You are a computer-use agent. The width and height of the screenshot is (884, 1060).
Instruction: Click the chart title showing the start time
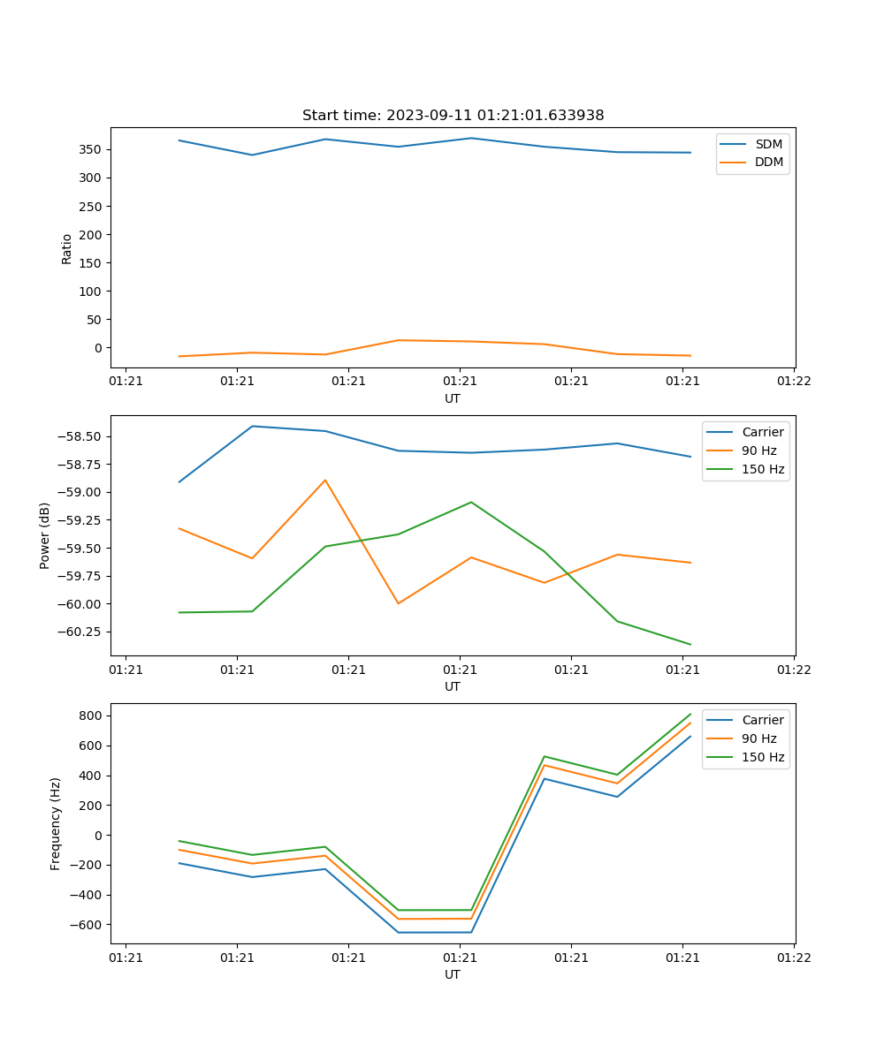(453, 116)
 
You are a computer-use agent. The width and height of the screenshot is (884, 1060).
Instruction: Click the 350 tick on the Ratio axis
(94, 149)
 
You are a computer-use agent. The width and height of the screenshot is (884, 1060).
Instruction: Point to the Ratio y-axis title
(67, 248)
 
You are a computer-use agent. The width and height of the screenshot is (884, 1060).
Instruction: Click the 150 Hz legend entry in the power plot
(763, 469)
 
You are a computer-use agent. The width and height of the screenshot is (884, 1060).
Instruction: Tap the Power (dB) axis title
(45, 535)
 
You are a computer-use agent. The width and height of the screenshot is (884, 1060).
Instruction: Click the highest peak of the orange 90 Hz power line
(325, 481)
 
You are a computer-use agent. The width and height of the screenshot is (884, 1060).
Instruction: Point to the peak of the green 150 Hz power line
(471, 502)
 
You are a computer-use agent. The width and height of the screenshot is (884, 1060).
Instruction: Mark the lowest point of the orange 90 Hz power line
(398, 603)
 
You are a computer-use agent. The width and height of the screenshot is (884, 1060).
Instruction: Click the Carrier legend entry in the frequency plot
(762, 720)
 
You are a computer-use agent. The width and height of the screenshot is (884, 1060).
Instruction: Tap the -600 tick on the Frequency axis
(89, 925)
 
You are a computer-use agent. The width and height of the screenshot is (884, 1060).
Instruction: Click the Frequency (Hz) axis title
(56, 823)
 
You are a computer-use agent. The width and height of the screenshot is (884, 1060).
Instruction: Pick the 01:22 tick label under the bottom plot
(794, 958)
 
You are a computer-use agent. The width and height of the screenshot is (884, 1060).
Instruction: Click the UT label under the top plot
(453, 398)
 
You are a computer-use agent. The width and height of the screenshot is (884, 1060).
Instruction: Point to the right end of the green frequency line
(690, 714)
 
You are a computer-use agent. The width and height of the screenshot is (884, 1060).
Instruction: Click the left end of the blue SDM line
(179, 140)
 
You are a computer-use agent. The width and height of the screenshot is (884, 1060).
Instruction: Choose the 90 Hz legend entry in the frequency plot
(759, 738)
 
